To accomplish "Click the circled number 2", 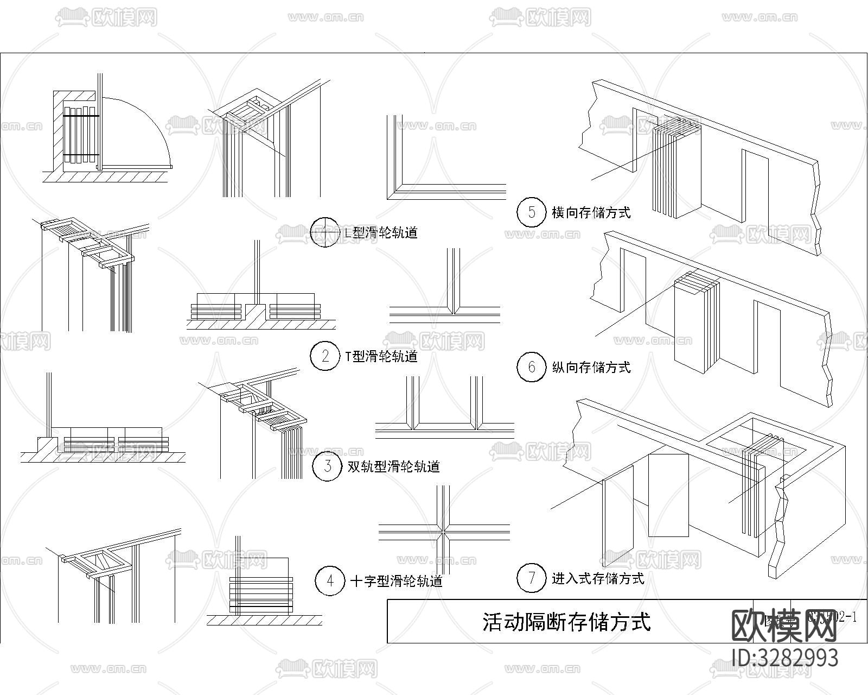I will (x=325, y=356).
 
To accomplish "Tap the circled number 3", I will (x=327, y=466).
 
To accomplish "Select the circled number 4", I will (x=330, y=581).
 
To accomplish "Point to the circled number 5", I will (x=531, y=212).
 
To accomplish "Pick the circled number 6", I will (x=531, y=367).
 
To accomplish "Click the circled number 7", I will (x=531, y=578).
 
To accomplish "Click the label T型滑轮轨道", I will (x=381, y=357).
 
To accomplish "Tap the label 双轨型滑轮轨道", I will (x=393, y=466).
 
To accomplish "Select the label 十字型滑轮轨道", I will (x=397, y=582).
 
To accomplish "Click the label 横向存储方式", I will (x=591, y=212).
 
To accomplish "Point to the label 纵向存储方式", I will (x=591, y=368).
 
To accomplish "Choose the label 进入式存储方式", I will (x=598, y=578).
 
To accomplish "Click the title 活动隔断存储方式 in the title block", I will (x=566, y=622).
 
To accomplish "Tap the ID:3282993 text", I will (x=785, y=658).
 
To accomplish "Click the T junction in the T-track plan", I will (x=453, y=312).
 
